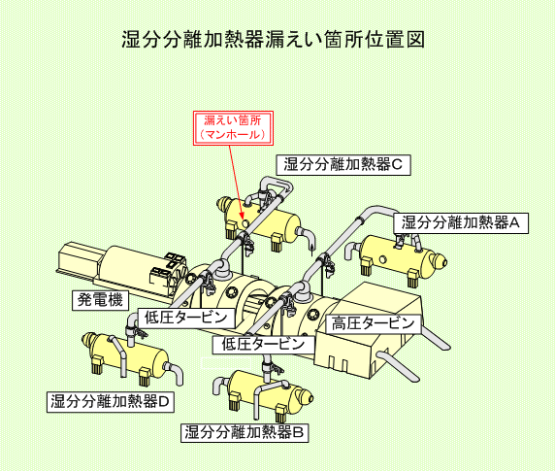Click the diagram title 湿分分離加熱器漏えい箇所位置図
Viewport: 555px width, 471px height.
pos(273,39)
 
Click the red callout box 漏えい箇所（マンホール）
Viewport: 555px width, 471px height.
pos(233,128)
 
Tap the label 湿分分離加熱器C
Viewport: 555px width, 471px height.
pos(343,165)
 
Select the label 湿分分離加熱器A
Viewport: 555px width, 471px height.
pos(461,223)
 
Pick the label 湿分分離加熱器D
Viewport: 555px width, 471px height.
pos(111,402)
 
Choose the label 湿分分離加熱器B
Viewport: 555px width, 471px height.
pos(245,432)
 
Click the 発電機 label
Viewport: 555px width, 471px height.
pos(100,300)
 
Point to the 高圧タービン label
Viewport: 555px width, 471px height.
pos(373,323)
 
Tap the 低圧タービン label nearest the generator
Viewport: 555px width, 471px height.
pos(186,318)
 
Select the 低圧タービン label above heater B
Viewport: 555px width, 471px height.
pos(264,344)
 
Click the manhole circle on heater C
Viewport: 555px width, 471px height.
pos(245,223)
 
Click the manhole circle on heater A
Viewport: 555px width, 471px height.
pos(383,259)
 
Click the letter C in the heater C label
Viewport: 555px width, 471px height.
pos(398,165)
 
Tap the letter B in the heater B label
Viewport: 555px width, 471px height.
pos(298,432)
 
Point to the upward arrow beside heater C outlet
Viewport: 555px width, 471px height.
pos(311,249)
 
